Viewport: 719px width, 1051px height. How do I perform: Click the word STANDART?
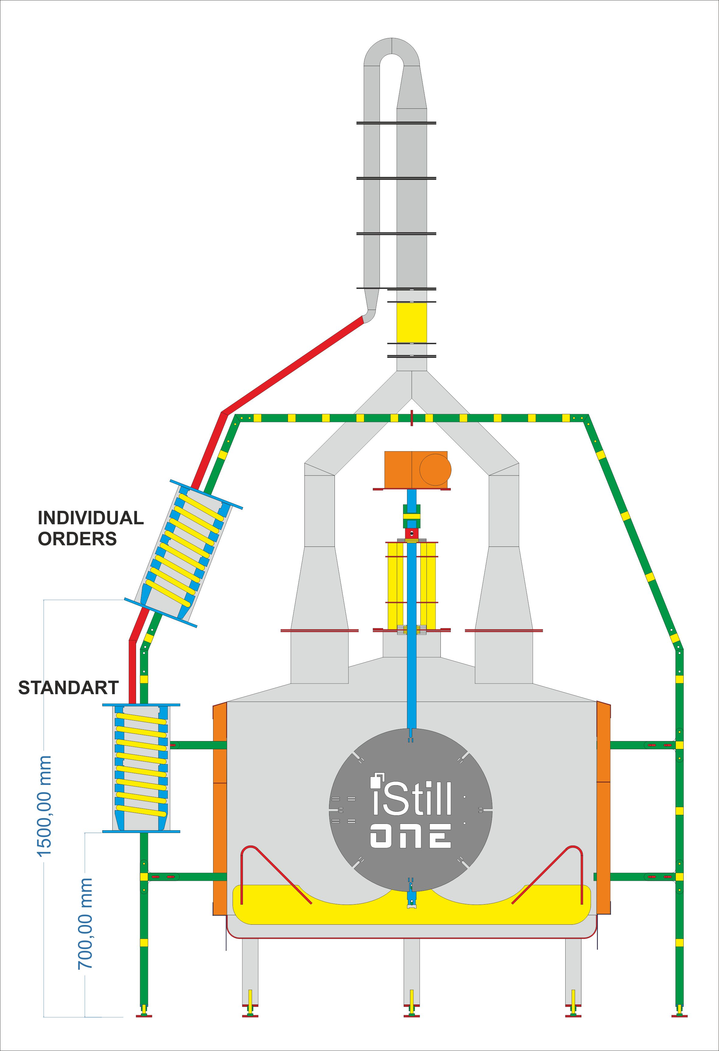coord(68,688)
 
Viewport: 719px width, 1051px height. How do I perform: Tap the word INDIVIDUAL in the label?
coord(90,518)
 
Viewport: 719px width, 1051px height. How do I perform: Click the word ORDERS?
coord(77,539)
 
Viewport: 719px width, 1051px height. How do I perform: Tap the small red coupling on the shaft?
coord(412,534)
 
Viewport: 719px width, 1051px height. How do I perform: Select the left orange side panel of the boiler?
coord(220,810)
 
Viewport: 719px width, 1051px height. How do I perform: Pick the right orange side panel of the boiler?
coord(603,810)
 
